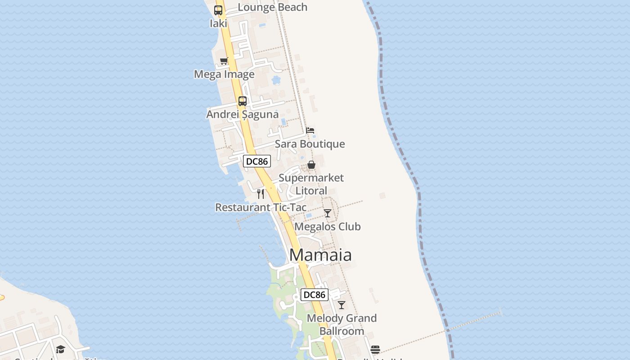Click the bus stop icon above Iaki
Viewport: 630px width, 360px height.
pyautogui.click(x=218, y=10)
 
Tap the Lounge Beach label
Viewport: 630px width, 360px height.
pyautogui.click(x=272, y=7)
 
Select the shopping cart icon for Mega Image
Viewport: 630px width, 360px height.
pyautogui.click(x=224, y=61)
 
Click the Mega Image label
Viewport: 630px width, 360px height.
pyautogui.click(x=224, y=74)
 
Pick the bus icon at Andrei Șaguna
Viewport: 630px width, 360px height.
pyautogui.click(x=243, y=101)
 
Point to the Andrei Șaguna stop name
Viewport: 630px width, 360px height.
pyautogui.click(x=242, y=114)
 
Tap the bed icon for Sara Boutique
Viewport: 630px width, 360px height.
pyautogui.click(x=310, y=130)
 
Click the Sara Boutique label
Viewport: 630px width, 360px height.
pyautogui.click(x=310, y=144)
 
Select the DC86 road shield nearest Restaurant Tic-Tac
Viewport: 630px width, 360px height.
pyautogui.click(x=256, y=161)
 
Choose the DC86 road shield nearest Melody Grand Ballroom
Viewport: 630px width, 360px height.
pyautogui.click(x=314, y=295)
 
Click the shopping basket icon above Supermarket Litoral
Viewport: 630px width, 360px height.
pyautogui.click(x=311, y=165)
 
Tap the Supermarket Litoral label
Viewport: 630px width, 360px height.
pyautogui.click(x=311, y=184)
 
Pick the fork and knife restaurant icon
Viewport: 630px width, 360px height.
pyautogui.click(x=261, y=194)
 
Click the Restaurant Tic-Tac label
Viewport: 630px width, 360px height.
pyautogui.click(x=261, y=207)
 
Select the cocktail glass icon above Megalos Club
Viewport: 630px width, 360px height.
pyautogui.click(x=328, y=213)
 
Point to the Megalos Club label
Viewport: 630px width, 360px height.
pyautogui.click(x=328, y=226)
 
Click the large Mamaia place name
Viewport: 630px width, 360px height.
pyautogui.click(x=320, y=255)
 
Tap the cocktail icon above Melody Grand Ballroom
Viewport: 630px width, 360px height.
pyautogui.click(x=342, y=305)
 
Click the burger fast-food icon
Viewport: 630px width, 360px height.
pyautogui.click(x=375, y=349)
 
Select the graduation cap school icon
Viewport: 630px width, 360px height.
pyautogui.click(x=60, y=349)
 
